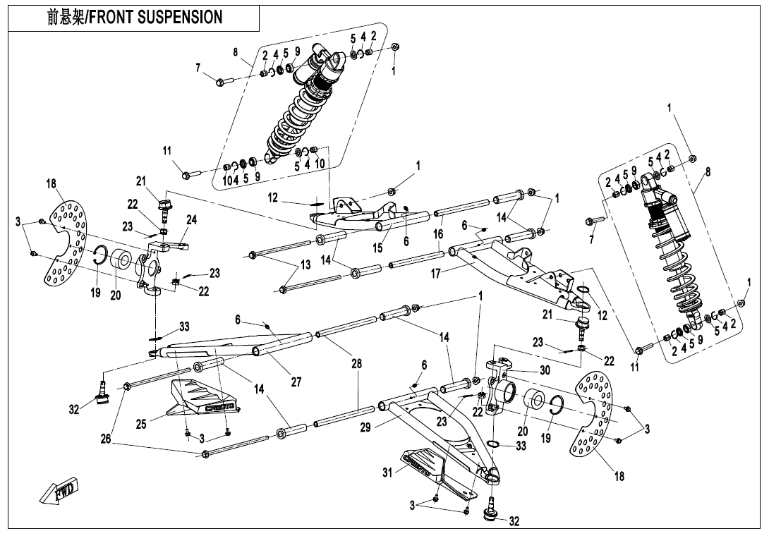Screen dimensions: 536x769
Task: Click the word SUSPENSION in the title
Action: tap(181, 17)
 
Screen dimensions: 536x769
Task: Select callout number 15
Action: tap(378, 248)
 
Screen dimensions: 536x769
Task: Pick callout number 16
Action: tap(438, 234)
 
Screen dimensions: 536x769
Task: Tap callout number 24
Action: tap(191, 219)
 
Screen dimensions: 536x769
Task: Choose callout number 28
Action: tap(358, 364)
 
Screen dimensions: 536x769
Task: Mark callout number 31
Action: tap(386, 473)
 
